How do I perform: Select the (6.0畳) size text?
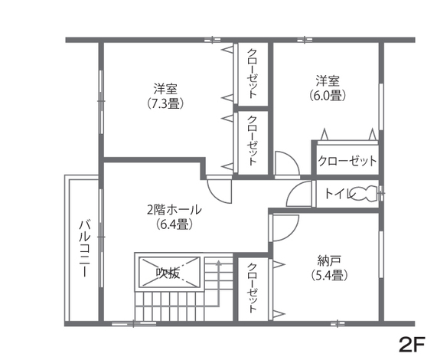pyautogui.click(x=327, y=96)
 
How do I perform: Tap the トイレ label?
pyautogui.click(x=338, y=195)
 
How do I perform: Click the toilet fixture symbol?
pyautogui.click(x=367, y=194)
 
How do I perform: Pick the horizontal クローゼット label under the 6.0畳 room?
pyautogui.click(x=347, y=162)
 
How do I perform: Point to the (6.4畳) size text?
pyautogui.click(x=174, y=224)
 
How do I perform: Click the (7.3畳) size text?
pyautogui.click(x=165, y=103)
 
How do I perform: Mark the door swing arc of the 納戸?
pyautogui.click(x=284, y=230)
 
